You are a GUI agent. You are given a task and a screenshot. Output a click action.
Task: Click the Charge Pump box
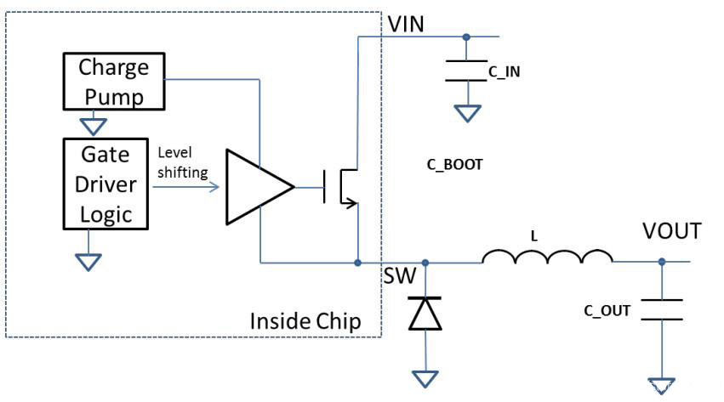pyautogui.click(x=114, y=82)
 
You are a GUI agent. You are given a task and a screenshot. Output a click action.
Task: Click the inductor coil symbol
pyautogui.click(x=547, y=257)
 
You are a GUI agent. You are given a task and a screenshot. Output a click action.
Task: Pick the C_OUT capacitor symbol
pyautogui.click(x=660, y=310)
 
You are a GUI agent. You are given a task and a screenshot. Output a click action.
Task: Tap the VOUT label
pyautogui.click(x=672, y=232)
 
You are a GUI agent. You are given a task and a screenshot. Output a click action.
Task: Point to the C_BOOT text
pyautogui.click(x=454, y=165)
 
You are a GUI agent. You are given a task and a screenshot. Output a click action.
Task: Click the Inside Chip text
pyautogui.click(x=305, y=321)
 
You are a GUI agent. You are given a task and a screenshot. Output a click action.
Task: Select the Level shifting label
pyautogui.click(x=182, y=161)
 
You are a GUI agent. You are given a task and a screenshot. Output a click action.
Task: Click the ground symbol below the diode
pyautogui.click(x=425, y=377)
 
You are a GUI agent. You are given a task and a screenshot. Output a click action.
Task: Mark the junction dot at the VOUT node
pyautogui.click(x=660, y=262)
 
